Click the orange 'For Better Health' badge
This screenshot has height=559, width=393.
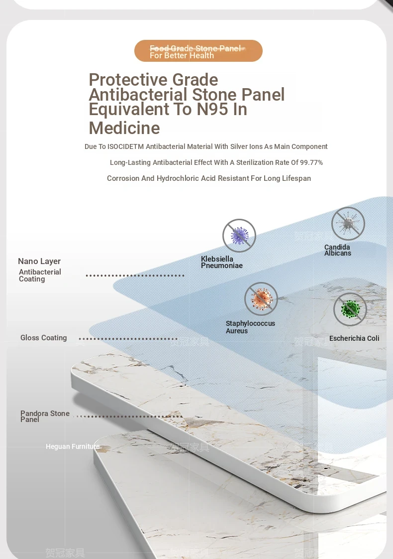coord(198,51)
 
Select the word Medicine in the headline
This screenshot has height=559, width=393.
coord(124,128)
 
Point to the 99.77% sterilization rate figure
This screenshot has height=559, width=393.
coord(311,162)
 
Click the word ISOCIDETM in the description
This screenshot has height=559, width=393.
coord(125,146)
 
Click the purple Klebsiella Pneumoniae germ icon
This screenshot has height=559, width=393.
coord(239,236)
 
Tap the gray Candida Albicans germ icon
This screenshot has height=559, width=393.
coord(348,224)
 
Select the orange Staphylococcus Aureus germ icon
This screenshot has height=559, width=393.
coord(261,299)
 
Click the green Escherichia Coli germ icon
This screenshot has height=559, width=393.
coord(350,309)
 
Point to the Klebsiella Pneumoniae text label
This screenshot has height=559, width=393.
coord(222,262)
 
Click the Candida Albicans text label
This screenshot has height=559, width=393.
coord(338,250)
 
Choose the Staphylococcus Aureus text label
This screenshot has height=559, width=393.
coord(250,327)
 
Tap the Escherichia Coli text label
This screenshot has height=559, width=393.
coord(354,338)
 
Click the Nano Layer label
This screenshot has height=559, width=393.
coord(39,261)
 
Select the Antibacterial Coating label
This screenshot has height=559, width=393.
coord(40,276)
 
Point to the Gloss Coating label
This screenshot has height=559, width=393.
coord(44,338)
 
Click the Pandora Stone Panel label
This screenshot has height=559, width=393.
coord(45,416)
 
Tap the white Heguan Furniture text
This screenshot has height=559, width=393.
coord(73,446)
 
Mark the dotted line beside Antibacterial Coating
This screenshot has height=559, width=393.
coord(135,276)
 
